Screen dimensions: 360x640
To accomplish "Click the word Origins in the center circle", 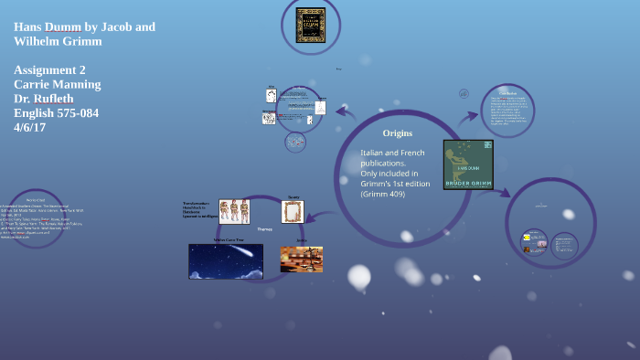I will (397, 133).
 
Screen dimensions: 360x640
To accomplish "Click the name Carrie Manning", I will (58, 84).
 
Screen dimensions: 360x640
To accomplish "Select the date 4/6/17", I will (29, 127).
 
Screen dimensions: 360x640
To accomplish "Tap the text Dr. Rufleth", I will (44, 99).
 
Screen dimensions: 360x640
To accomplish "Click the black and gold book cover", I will (311, 25).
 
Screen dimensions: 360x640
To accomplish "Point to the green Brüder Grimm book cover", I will (468, 164).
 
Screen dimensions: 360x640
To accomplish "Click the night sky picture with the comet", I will (225, 261).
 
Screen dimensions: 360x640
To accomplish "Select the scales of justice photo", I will (302, 259).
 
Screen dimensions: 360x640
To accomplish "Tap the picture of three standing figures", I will (234, 211).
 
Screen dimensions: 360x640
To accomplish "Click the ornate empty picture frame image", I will (293, 212).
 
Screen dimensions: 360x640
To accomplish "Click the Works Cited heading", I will (36, 199).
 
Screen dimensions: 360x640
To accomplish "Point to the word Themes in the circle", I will (264, 229).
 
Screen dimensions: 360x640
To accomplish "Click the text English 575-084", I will (56, 113).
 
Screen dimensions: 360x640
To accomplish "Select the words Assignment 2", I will (49, 69).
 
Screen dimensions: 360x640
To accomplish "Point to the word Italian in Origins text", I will (373, 153).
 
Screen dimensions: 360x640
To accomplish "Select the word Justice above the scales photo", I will (301, 240).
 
